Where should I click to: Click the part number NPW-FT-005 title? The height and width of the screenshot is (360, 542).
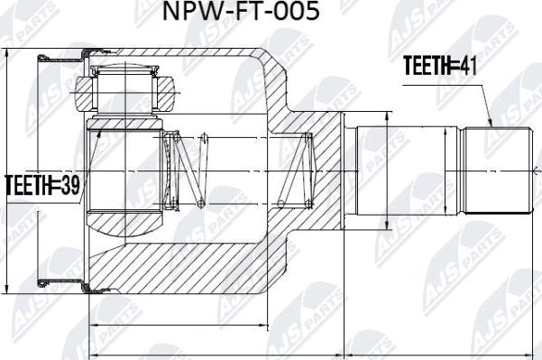[x=239, y=14]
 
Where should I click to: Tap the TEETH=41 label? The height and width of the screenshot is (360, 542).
[x=437, y=65]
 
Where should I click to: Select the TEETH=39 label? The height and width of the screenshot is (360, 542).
[x=42, y=187]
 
